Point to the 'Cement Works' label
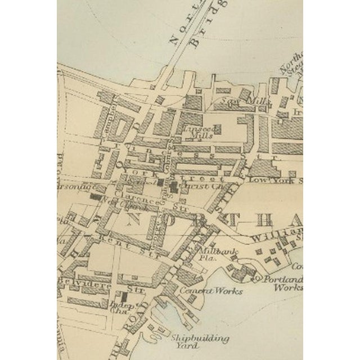tap(211, 291)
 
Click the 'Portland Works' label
tap(284, 283)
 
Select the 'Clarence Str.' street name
tap(148, 201)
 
